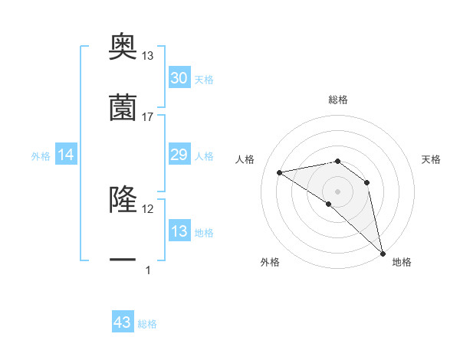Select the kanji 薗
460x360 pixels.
coord(123,107)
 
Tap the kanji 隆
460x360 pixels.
coord(123,201)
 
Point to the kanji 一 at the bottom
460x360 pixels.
coord(123,260)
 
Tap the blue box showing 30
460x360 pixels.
coord(179,78)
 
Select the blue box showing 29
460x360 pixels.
coord(179,155)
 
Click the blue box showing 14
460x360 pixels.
coord(66,155)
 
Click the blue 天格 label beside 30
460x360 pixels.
coord(204,80)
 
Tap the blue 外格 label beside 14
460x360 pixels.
coord(41,156)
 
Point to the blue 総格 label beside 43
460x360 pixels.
coord(147,324)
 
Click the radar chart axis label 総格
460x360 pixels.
coord(338,100)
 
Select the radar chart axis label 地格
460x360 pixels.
coord(402,262)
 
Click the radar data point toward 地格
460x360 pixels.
coord(382,253)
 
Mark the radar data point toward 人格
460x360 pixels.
coord(280,172)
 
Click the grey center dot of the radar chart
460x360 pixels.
coord(338,191)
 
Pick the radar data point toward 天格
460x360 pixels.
coord(367,182)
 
